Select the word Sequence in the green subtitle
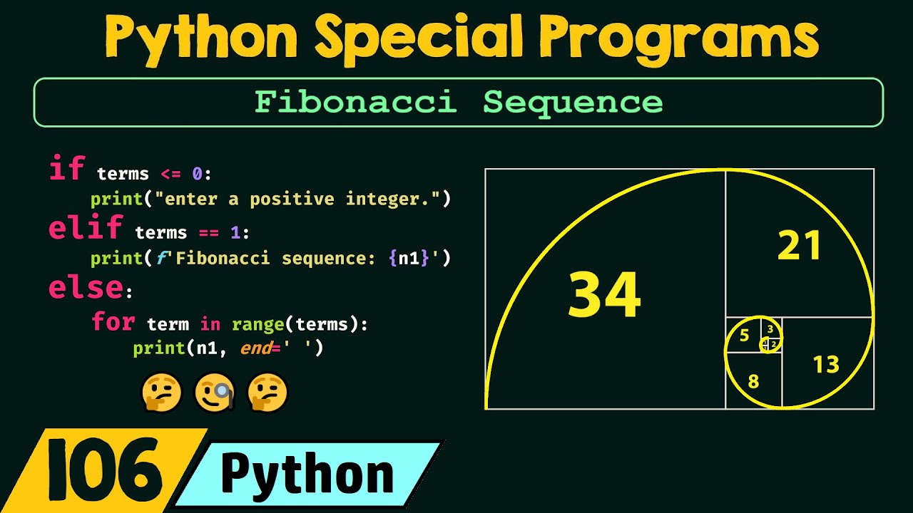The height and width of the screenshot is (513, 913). (x=573, y=103)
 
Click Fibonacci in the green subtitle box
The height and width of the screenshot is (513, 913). (x=355, y=103)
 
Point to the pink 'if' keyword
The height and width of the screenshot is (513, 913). (x=66, y=170)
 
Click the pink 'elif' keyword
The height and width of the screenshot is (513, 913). (x=85, y=229)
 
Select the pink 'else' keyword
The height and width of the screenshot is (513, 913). (x=86, y=288)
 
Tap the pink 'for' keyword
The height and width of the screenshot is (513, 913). (x=113, y=322)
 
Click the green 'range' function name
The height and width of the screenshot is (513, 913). (x=257, y=325)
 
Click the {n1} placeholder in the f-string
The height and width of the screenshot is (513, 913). (x=409, y=258)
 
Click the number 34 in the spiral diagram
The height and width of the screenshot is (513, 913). (x=604, y=296)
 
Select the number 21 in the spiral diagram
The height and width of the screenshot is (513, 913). (x=800, y=247)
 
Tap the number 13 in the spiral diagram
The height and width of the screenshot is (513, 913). (x=826, y=365)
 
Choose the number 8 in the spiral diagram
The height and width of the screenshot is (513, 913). (x=753, y=381)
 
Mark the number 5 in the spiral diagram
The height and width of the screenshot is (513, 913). (x=744, y=336)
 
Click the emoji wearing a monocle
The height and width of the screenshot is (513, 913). (x=215, y=393)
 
